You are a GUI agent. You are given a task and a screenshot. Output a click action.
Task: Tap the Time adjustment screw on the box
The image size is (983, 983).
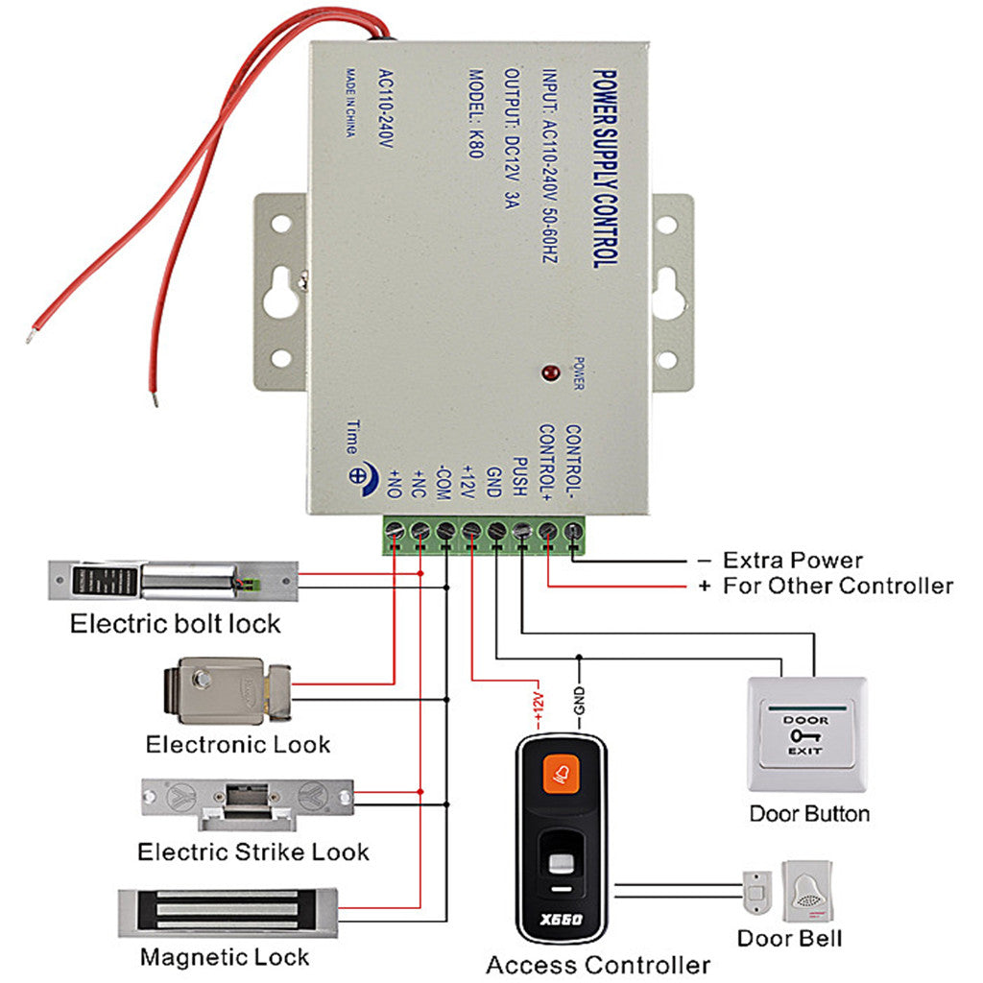coord(359,474)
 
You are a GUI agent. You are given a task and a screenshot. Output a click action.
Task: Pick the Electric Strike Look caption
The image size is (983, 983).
coord(252,851)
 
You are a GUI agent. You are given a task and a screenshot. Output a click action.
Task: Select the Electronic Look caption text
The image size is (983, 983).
coord(237,744)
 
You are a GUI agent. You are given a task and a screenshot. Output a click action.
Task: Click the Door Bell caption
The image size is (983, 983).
coord(789,938)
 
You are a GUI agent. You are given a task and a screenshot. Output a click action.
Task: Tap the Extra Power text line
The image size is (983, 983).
coord(792,560)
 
